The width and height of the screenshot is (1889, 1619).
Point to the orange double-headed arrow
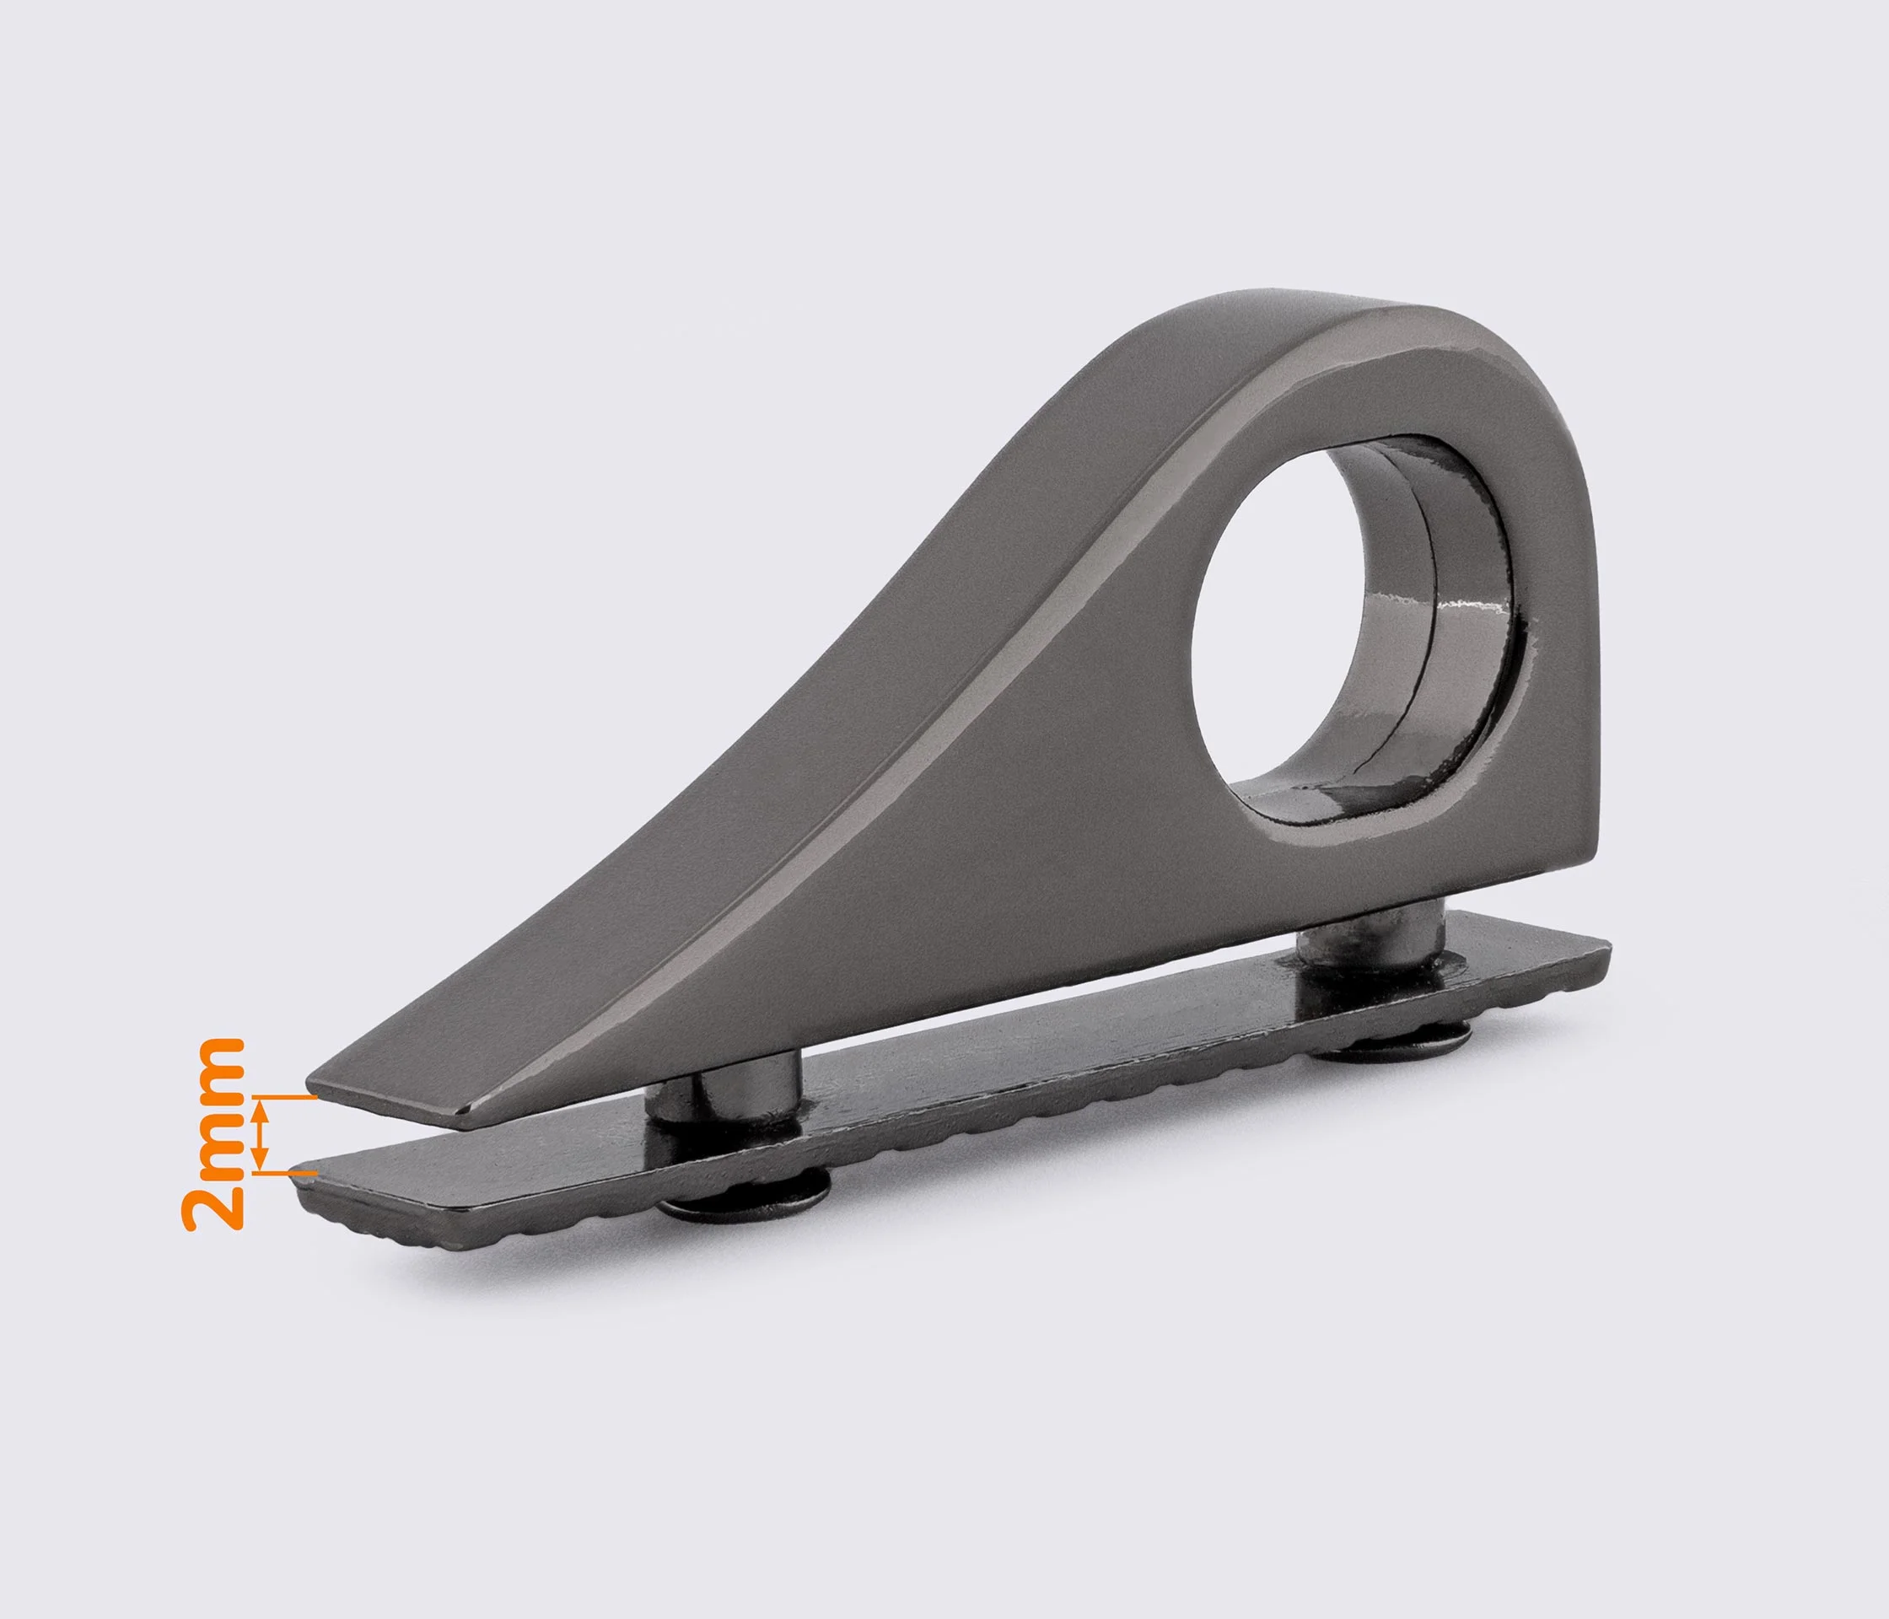(261, 1134)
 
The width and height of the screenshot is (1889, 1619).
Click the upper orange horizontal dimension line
(284, 1098)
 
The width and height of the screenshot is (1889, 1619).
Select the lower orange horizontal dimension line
(284, 1171)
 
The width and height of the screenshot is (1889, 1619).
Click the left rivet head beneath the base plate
(743, 1206)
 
